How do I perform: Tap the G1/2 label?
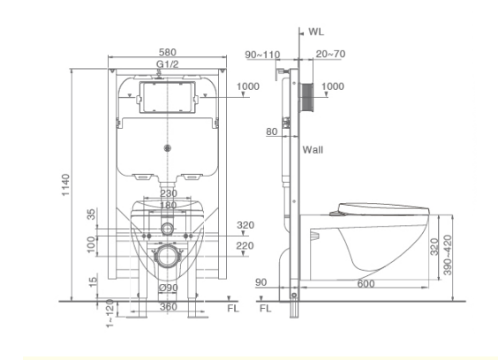tap(167, 64)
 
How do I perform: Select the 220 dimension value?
tap(245, 245)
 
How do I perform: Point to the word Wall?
tap(313, 149)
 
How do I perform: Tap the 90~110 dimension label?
tap(262, 54)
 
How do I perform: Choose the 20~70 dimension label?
tap(328, 54)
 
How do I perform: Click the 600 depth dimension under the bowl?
tap(366, 283)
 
